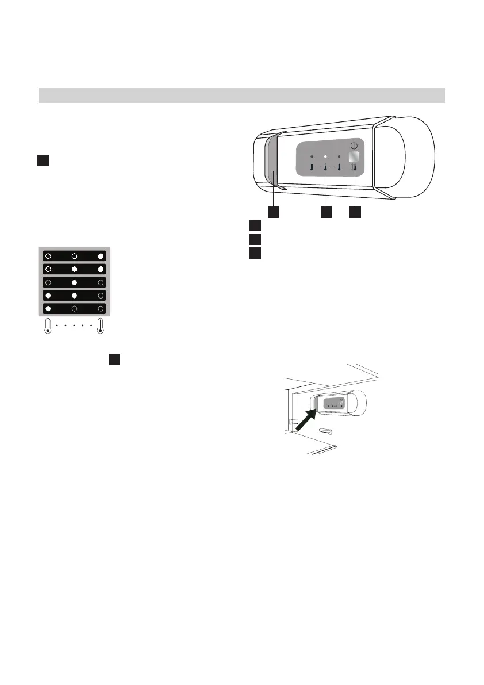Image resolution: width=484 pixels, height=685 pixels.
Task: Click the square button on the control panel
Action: click(355, 158)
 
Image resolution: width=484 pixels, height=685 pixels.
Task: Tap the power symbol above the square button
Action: click(354, 146)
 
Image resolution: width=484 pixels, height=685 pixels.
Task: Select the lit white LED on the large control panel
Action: click(325, 156)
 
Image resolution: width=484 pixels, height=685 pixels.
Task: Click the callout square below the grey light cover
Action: click(274, 212)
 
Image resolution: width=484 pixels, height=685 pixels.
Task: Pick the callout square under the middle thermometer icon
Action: click(326, 212)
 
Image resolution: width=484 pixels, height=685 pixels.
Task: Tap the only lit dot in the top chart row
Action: click(101, 257)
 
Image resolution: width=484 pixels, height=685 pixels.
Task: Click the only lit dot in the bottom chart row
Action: click(49, 308)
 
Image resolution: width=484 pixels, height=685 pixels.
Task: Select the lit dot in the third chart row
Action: click(74, 282)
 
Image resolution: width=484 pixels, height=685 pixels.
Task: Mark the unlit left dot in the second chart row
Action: click(49, 269)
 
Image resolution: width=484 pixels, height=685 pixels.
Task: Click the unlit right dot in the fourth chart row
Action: click(101, 296)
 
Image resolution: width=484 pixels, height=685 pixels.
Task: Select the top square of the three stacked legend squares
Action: click(255, 225)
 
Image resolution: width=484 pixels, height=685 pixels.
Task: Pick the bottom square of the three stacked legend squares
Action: click(255, 252)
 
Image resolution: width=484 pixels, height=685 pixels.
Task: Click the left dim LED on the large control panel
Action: click(312, 156)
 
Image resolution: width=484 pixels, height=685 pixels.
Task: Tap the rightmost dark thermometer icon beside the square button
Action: click(339, 168)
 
